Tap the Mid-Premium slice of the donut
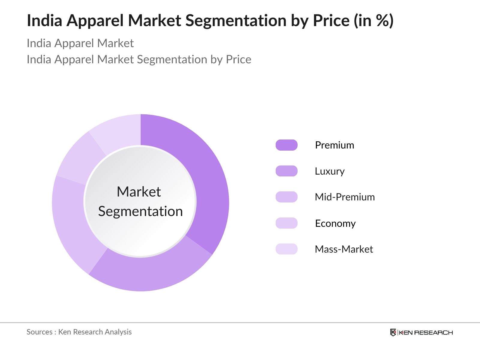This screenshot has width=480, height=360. coord(72,222)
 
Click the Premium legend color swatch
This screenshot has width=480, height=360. coord(286,145)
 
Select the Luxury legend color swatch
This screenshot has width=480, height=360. coord(286,171)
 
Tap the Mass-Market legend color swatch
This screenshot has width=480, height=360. coord(286,249)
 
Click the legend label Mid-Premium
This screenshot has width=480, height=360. coord(345,197)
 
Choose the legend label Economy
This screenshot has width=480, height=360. coord(335,223)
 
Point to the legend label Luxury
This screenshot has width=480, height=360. coord(329,171)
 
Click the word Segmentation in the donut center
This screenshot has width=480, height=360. coord(140,211)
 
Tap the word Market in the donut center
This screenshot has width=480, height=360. coord(139,192)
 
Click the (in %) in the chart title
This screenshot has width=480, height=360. coord(373,20)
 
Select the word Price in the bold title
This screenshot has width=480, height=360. coord(331,20)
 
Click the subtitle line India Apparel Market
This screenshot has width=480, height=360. coord(80,43)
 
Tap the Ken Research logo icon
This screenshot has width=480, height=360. coord(393,332)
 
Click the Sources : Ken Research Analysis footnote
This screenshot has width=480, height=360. coord(79,332)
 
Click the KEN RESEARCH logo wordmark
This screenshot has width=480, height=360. coord(425,332)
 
